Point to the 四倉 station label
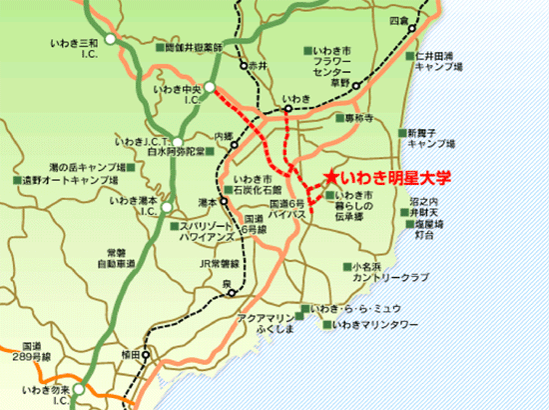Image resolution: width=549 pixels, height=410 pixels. (399, 20)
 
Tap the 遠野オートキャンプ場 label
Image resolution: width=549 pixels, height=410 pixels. (70, 180)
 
